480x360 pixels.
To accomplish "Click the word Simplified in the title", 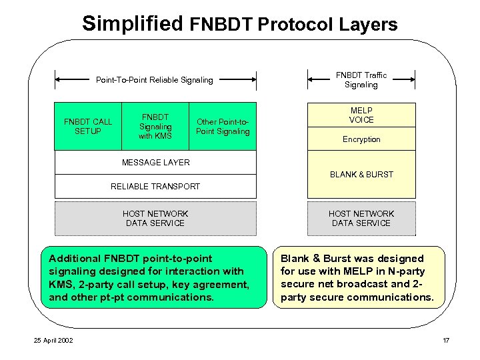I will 132,24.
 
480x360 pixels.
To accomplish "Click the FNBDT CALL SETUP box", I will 88,126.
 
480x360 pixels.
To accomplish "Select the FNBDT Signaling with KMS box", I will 155,126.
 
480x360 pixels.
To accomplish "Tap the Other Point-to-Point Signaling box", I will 223,126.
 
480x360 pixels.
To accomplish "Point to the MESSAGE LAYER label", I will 155,162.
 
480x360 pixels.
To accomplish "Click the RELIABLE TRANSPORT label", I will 155,187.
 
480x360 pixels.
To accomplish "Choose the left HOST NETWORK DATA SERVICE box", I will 155,218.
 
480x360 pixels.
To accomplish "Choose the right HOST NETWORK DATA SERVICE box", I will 361,218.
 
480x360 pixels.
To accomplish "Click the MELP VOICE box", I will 361,115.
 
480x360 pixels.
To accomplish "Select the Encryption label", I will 361,139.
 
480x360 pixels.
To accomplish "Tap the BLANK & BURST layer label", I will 361,175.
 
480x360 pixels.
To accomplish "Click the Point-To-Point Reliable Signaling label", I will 155,80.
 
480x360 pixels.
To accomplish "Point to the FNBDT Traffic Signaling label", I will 361,80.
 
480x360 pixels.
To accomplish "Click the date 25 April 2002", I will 54,341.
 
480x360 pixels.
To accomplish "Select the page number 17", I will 446,341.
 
